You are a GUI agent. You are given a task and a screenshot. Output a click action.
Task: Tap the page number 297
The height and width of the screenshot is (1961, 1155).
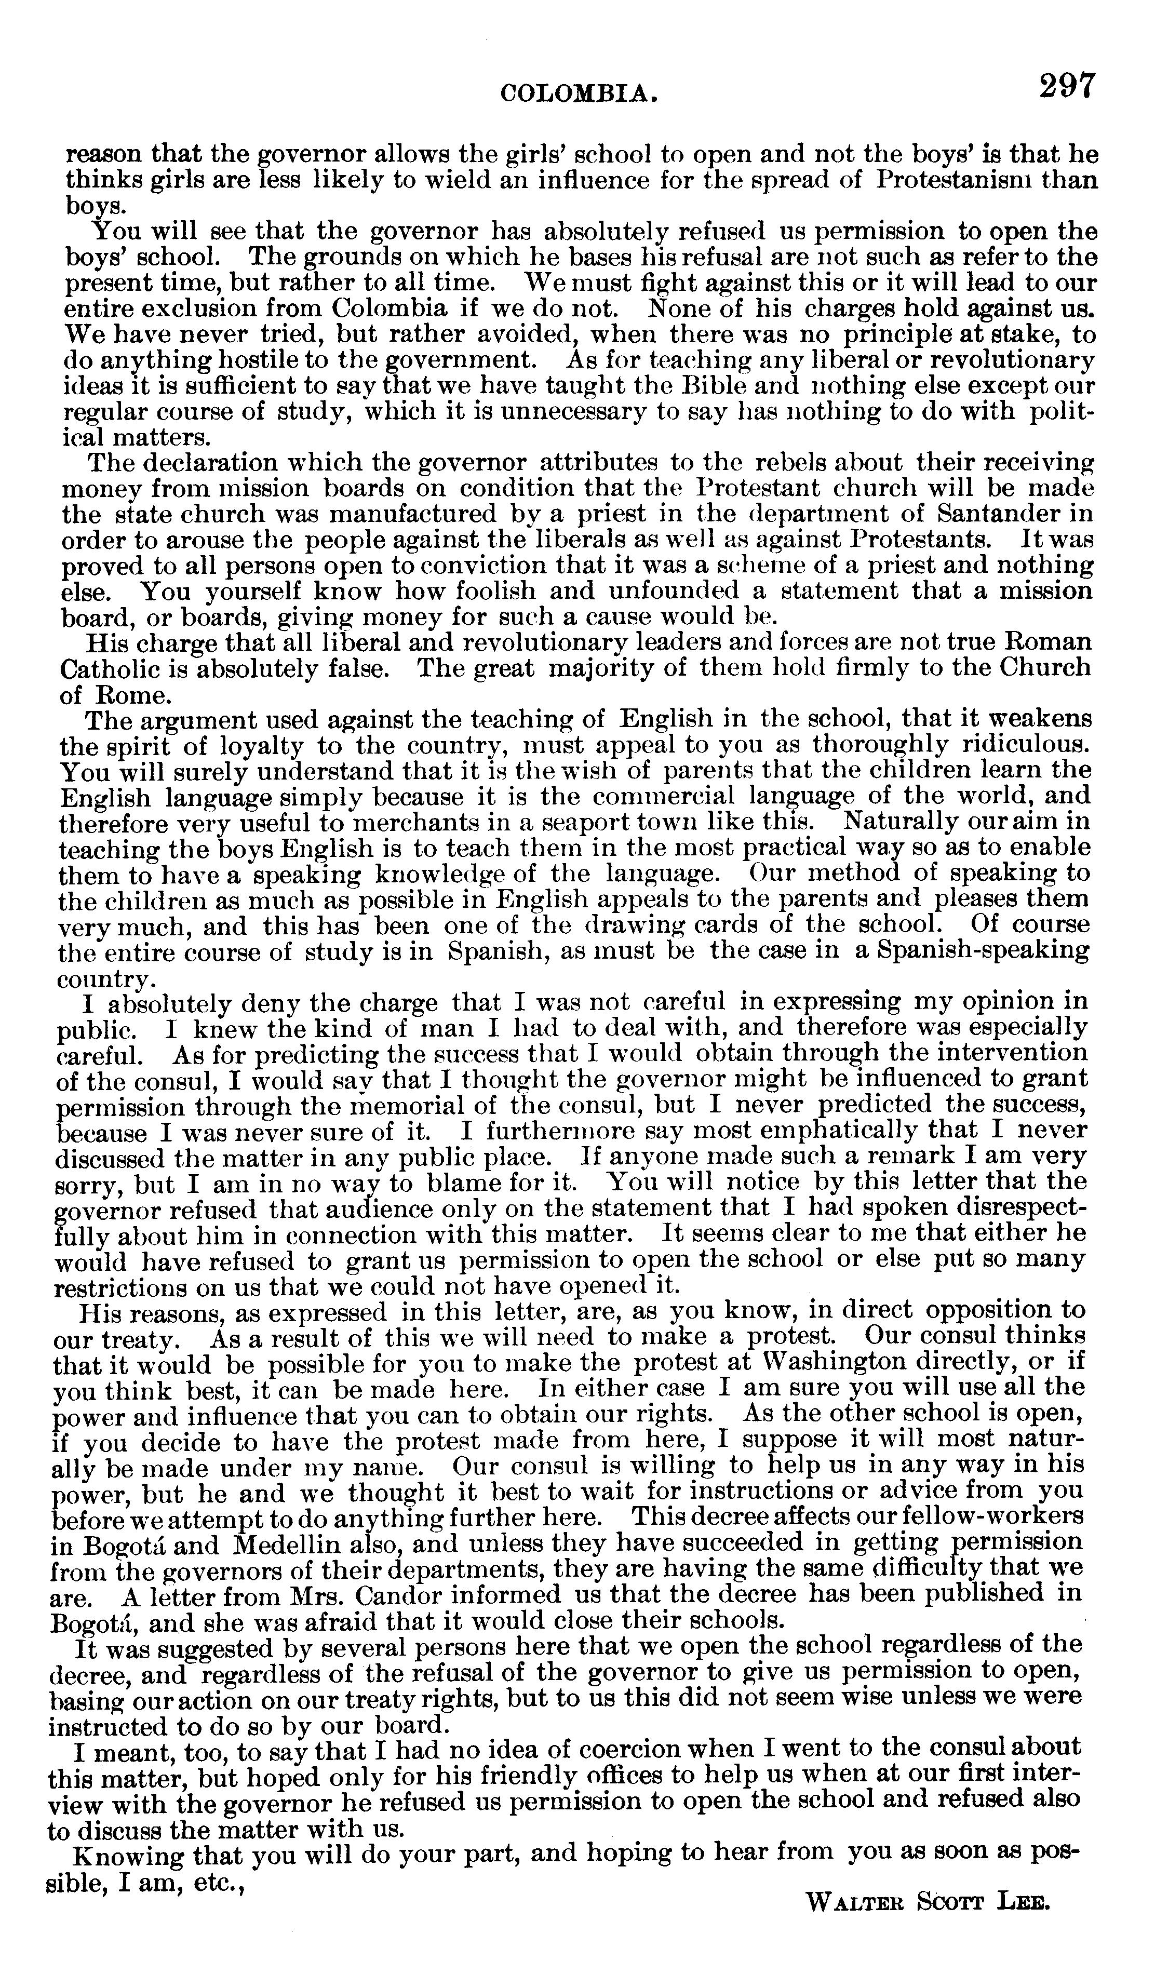(x=1066, y=85)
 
